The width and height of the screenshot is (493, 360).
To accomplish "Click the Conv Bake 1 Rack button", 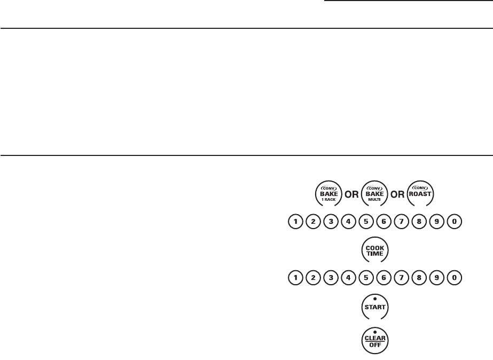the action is pyautogui.click(x=327, y=193).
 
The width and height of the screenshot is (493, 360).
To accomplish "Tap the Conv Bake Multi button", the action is pyautogui.click(x=374, y=193).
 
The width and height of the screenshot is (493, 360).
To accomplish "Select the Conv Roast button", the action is pyautogui.click(x=420, y=193).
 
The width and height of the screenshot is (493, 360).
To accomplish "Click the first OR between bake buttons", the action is pyautogui.click(x=350, y=194).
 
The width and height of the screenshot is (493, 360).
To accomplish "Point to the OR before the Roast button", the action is pyautogui.click(x=397, y=194).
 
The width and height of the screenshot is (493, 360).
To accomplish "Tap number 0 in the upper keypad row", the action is pyautogui.click(x=453, y=221).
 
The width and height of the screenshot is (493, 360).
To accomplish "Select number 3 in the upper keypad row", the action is pyautogui.click(x=331, y=221).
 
